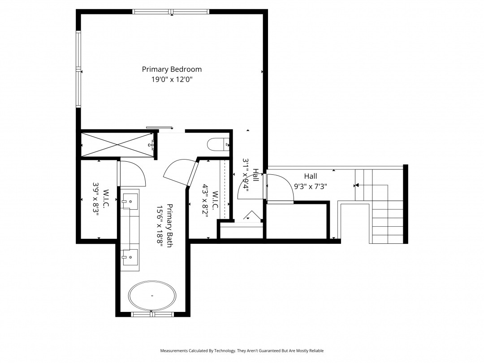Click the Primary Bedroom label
coord(172,69)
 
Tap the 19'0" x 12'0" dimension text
coord(172,79)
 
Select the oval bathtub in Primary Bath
coord(152,296)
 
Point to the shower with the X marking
coord(117,144)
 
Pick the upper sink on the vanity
coord(130,202)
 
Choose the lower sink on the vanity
coord(130,257)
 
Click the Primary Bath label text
coord(169,225)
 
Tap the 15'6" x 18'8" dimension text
coord(159,225)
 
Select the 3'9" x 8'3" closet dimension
coord(96,199)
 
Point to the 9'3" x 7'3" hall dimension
coord(310,186)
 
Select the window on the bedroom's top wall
coord(171,12)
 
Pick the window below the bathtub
coord(152,315)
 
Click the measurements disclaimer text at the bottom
coord(242,350)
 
